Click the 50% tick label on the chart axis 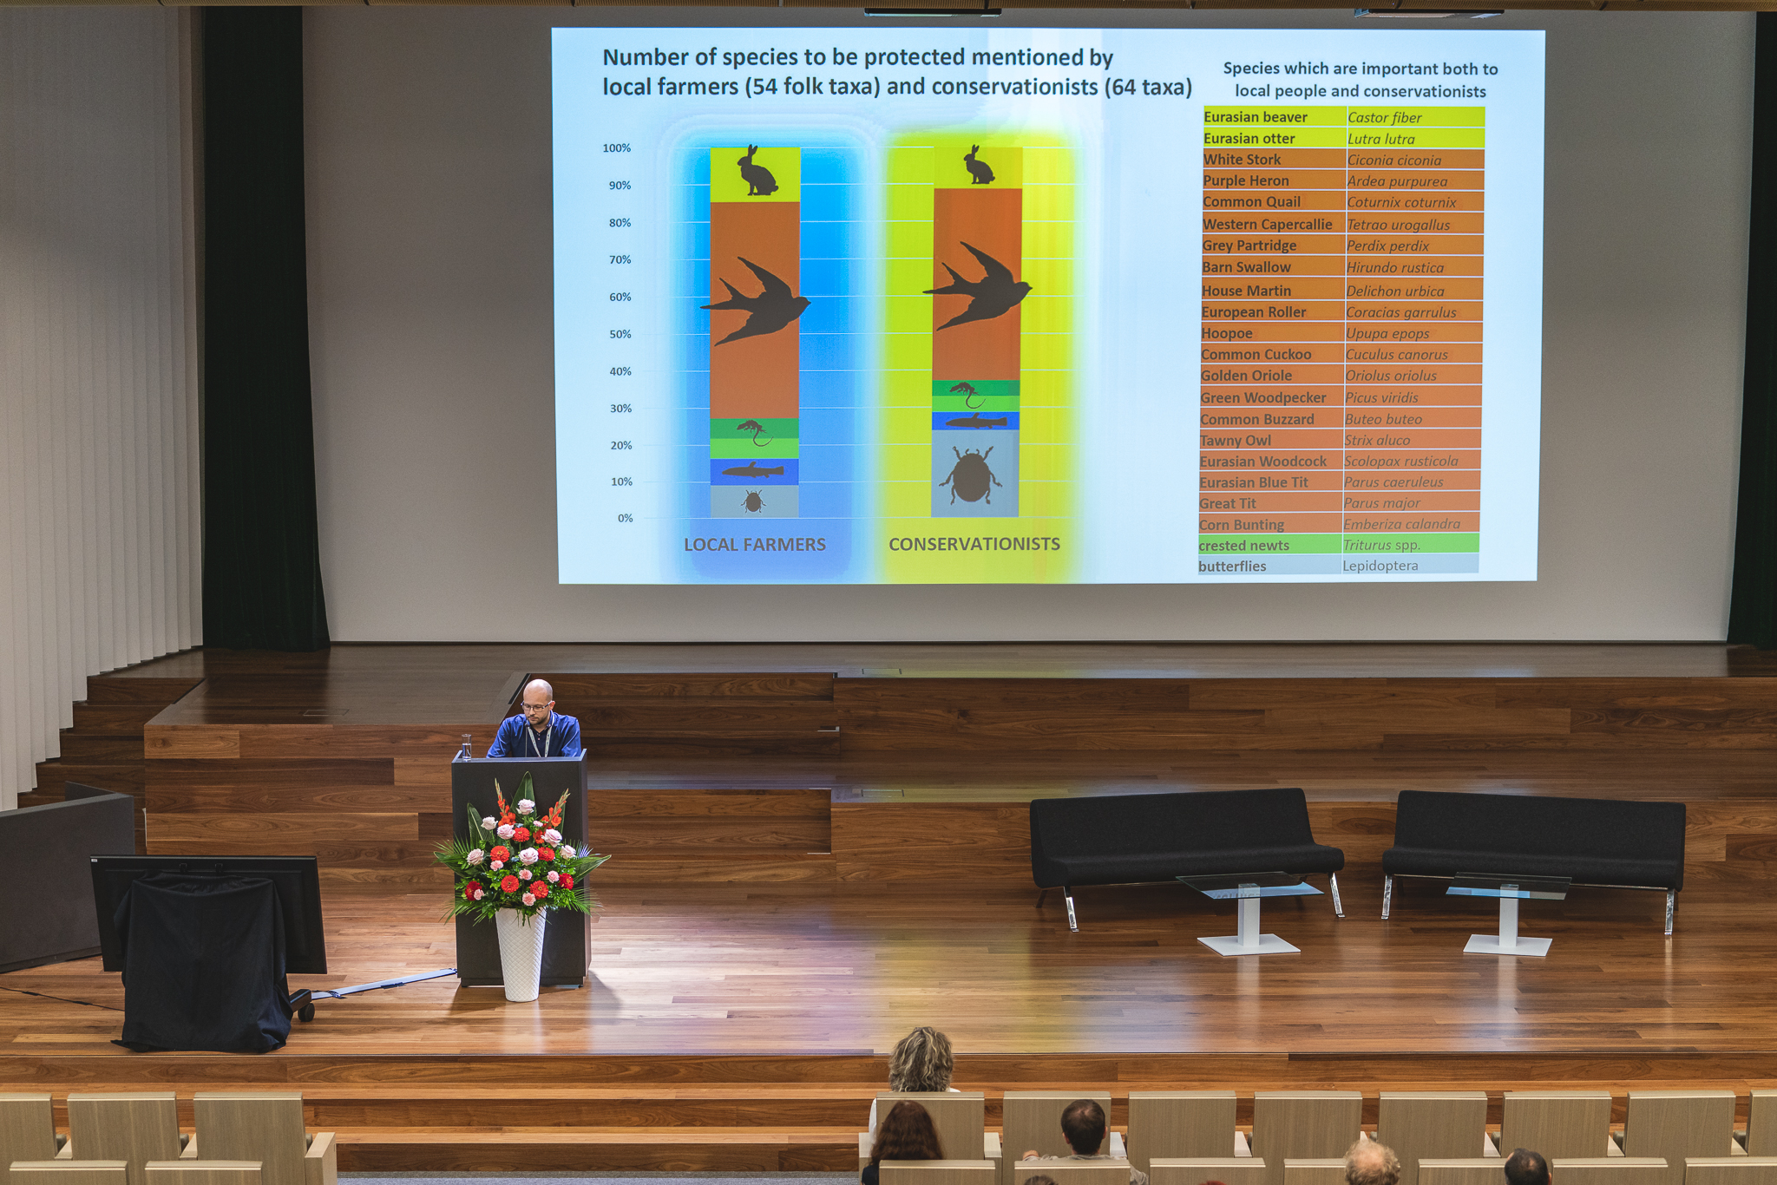pyautogui.click(x=620, y=334)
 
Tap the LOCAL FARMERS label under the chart pyautogui.click(x=755, y=545)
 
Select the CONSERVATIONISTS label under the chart pyautogui.click(x=974, y=544)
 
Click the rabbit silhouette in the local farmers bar pyautogui.click(x=757, y=171)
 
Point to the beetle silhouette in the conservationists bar pyautogui.click(x=970, y=475)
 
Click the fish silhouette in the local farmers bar pyautogui.click(x=753, y=471)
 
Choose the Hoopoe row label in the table pyautogui.click(x=1227, y=333)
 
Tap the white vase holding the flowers pyautogui.click(x=521, y=953)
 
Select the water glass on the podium pyautogui.click(x=467, y=746)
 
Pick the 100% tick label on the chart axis pyautogui.click(x=617, y=148)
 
